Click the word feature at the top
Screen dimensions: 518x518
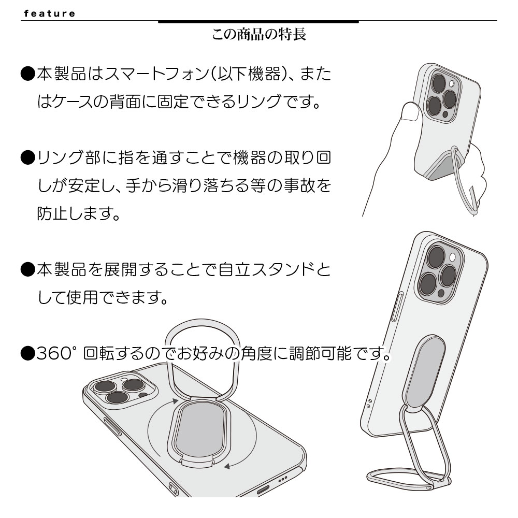coord(50,13)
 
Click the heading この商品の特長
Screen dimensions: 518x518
coord(259,34)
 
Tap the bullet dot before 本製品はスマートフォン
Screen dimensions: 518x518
coord(27,74)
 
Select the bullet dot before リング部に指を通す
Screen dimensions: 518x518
coord(27,157)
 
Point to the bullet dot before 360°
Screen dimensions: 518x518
coord(27,354)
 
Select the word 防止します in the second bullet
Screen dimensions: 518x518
coord(78,213)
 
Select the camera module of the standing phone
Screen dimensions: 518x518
coord(439,274)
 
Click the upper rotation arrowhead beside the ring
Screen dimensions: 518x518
coord(175,401)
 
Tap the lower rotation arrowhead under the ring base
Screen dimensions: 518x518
coord(227,467)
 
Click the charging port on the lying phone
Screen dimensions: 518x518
coord(263,490)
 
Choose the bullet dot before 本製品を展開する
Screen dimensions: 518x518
coord(27,270)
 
